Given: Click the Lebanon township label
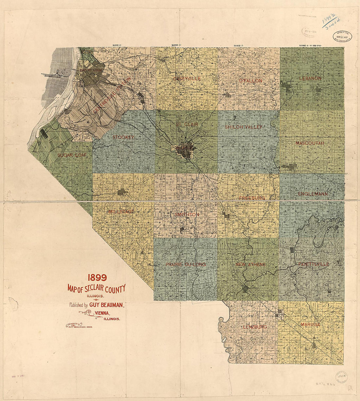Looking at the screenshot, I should pos(310,79).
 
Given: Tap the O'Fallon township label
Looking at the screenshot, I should pos(250,81).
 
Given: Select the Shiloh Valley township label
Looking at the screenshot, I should pos(244,127).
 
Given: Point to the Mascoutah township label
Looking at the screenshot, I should pos(310,143).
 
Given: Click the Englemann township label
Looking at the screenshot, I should pos(313,194).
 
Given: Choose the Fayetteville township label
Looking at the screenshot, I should pos(313,264).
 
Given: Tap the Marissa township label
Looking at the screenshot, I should pos(309,324).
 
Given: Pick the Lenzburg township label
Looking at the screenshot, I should pos(255,327).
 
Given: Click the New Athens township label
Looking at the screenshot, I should pos(250,264).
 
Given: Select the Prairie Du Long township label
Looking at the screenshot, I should pos(186,264).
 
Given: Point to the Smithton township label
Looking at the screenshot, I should pos(187,215).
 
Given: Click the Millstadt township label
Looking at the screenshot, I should pos(121,212).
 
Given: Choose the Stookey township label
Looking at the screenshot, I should pos(123,137).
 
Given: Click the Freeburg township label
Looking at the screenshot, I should pos(252,198).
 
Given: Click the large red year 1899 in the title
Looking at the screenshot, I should pos(97,278).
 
